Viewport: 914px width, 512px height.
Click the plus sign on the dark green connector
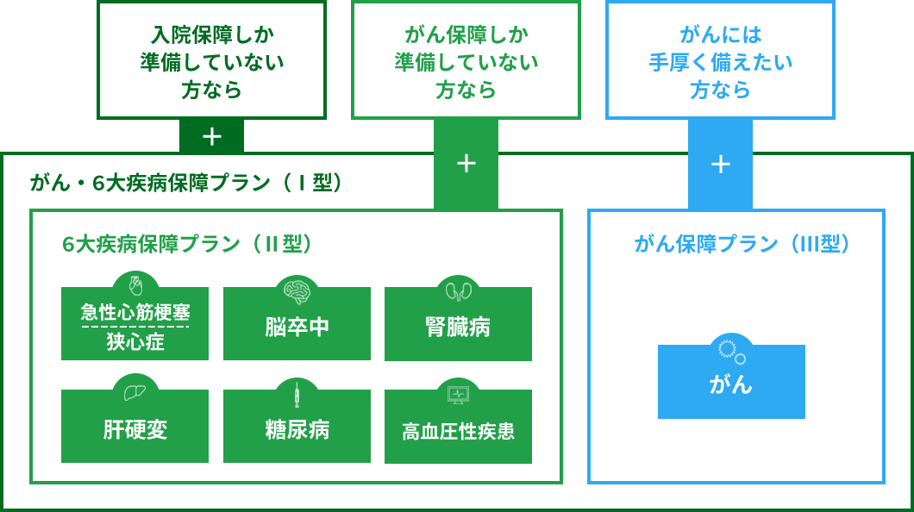point(211,137)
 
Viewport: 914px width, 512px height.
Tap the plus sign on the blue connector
point(721,165)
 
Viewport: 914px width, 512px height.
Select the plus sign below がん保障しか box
point(466,164)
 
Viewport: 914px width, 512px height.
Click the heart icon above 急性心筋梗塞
point(135,285)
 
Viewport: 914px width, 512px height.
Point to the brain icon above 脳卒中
point(297,290)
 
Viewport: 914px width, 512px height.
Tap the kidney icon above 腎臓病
point(458,290)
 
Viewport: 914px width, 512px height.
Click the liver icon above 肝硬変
point(135,393)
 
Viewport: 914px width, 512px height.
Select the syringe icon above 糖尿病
point(297,394)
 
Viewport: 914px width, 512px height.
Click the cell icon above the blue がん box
point(731,352)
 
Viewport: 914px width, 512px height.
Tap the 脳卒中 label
point(297,327)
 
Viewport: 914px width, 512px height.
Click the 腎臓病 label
point(458,327)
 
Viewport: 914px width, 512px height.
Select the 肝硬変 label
point(135,430)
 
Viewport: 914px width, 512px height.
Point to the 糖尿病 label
point(297,430)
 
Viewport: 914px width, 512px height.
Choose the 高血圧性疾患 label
point(458,431)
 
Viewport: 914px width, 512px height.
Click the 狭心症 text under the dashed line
point(135,341)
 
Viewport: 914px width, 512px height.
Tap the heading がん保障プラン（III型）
point(742,243)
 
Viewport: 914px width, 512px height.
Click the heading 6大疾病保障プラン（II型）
point(187,243)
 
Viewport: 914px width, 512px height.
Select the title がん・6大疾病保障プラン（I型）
point(186,183)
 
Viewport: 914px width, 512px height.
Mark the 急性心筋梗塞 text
point(135,312)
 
